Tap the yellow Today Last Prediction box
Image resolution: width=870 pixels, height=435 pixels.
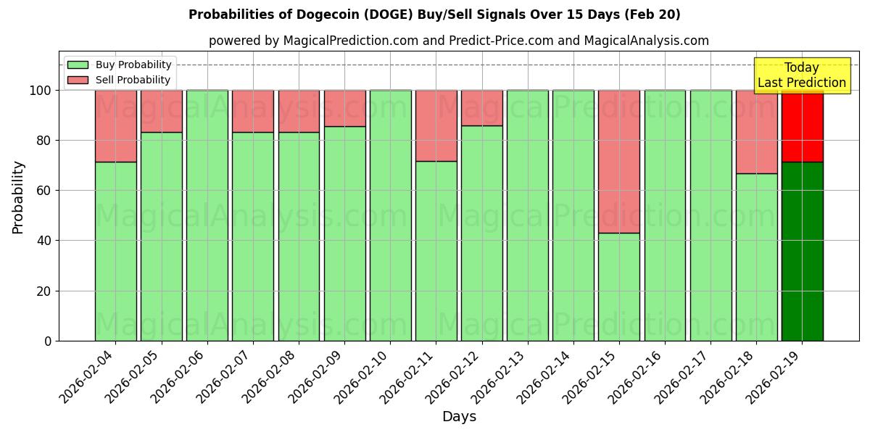801,75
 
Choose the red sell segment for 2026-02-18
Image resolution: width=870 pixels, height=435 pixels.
756,131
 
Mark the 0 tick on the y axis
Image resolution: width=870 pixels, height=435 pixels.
48,341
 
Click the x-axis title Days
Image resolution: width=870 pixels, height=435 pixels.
459,417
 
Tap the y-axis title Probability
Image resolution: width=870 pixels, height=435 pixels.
18,196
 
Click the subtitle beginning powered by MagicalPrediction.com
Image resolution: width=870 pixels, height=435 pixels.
458,41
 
